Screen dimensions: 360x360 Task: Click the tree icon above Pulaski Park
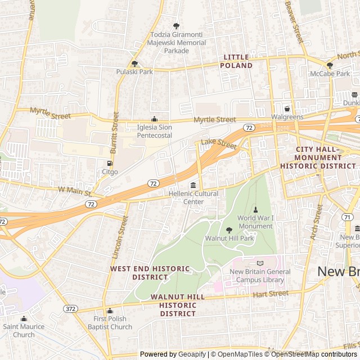click(134, 64)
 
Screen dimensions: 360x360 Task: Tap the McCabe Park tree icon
click(330, 65)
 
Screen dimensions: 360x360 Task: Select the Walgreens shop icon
click(287, 109)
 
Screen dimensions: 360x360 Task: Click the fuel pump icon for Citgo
click(110, 163)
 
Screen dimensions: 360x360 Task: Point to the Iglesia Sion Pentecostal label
click(155, 131)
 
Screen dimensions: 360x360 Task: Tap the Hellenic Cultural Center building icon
click(193, 185)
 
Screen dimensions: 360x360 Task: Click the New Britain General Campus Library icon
click(260, 263)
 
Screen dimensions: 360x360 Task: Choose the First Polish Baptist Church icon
click(110, 311)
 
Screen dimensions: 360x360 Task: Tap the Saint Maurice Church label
click(24, 331)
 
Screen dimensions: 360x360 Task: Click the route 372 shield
click(70, 308)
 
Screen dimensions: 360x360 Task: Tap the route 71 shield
click(347, 217)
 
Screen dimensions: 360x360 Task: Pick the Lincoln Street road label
click(120, 235)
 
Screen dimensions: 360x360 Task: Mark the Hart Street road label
click(271, 294)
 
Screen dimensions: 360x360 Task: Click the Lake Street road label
click(219, 143)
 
